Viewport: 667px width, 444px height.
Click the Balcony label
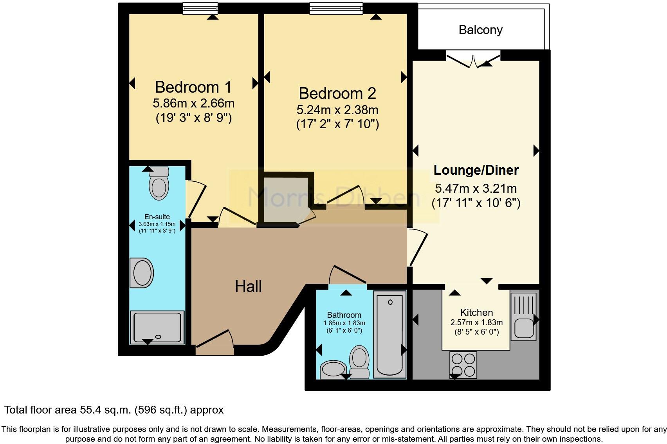(480, 30)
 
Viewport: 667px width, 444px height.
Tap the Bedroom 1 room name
(193, 87)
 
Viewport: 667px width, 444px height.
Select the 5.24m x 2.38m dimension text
(337, 110)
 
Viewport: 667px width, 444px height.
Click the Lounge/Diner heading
(476, 170)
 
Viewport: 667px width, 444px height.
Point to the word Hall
(248, 286)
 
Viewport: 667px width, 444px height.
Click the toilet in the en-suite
(159, 184)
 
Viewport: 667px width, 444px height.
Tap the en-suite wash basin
(142, 273)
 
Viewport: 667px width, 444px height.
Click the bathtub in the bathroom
(389, 334)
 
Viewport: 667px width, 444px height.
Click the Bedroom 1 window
(200, 8)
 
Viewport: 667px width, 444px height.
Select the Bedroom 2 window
(336, 8)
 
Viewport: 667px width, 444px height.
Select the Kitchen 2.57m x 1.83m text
(476, 322)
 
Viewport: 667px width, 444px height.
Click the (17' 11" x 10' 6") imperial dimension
(476, 203)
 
